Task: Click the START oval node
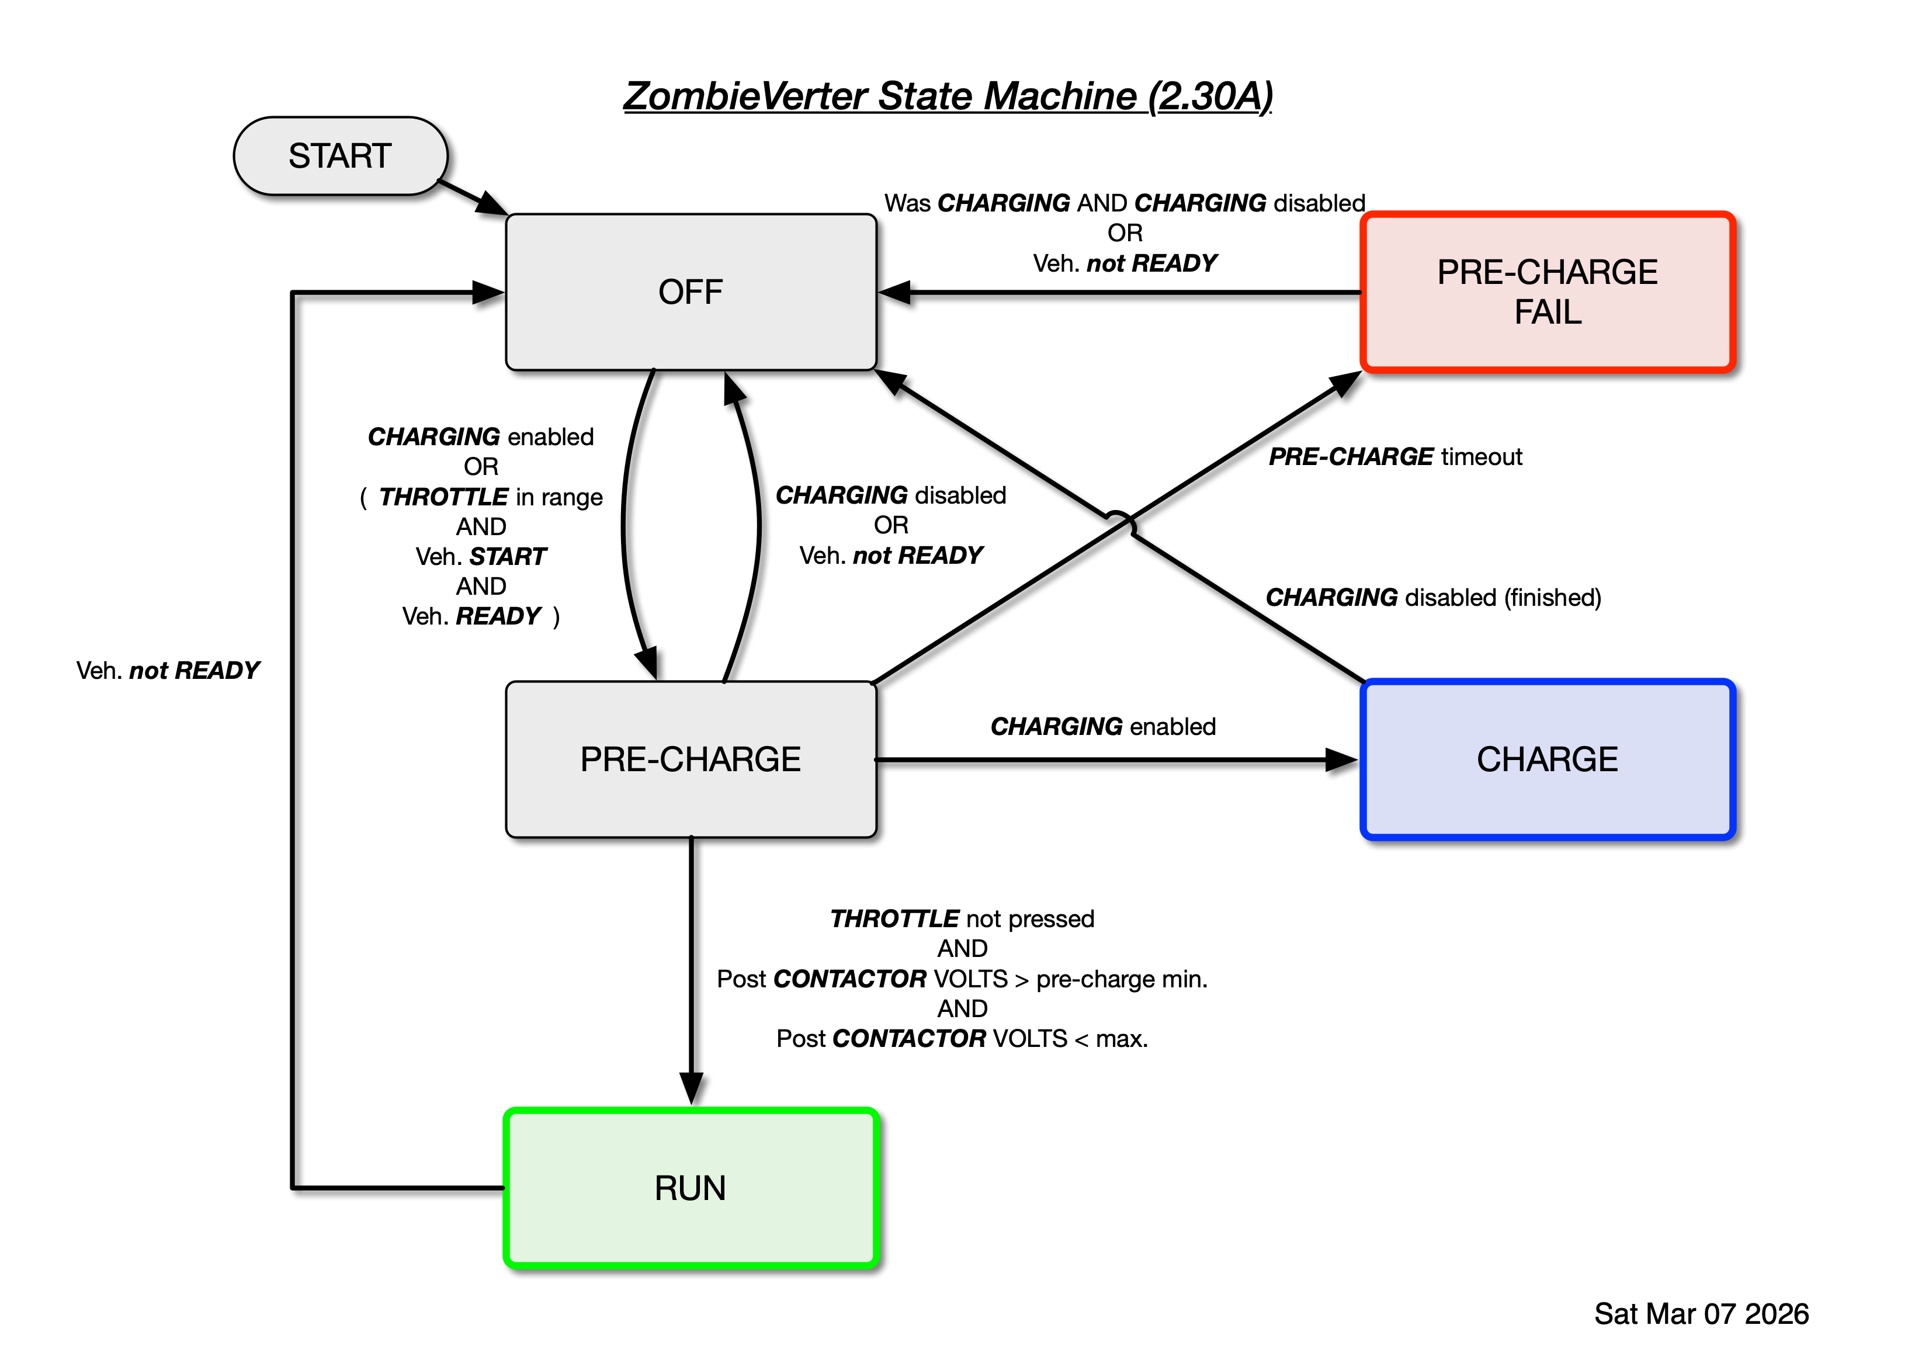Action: click(x=340, y=156)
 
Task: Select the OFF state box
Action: click(x=690, y=292)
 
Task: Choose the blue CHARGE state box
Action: click(x=1546, y=759)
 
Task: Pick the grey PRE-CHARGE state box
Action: click(x=690, y=759)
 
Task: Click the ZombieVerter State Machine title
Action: click(x=948, y=96)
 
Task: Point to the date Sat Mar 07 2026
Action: click(x=1701, y=1313)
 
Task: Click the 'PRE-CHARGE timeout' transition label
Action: click(x=1394, y=456)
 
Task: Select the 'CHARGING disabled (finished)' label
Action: click(x=1432, y=598)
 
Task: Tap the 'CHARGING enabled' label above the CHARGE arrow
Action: click(x=1102, y=726)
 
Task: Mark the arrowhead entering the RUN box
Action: click(x=691, y=1090)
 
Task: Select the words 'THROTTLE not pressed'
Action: click(x=962, y=918)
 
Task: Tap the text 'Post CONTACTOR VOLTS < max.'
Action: click(x=962, y=1038)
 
